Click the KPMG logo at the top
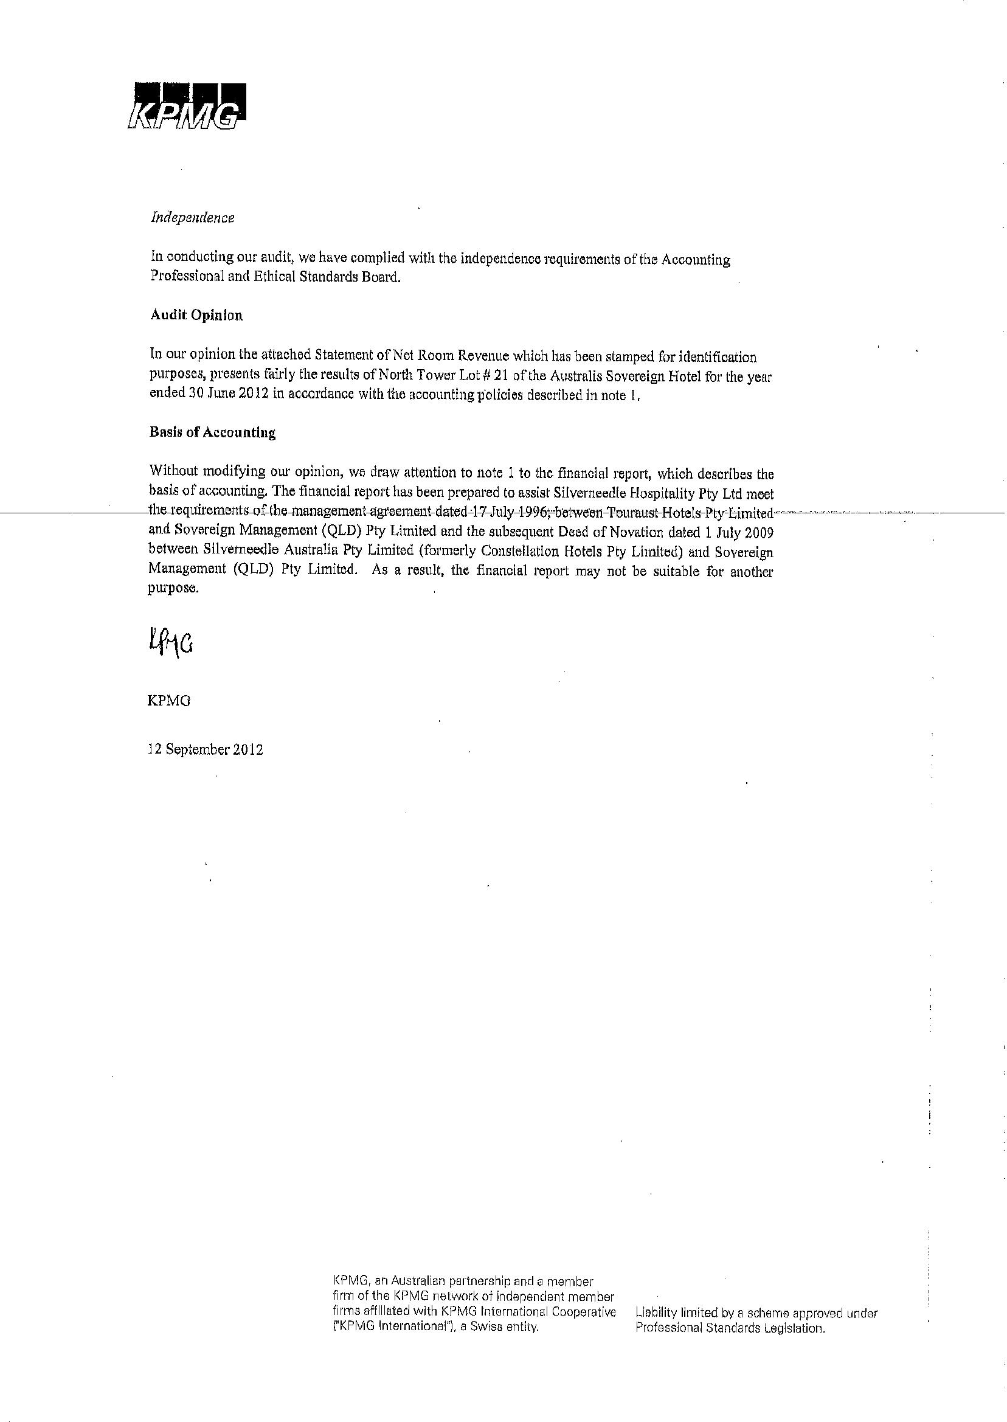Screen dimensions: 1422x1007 click(185, 106)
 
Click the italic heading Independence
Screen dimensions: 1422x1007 click(192, 218)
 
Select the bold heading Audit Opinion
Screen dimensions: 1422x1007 click(196, 316)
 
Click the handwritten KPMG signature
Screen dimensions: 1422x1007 click(170, 643)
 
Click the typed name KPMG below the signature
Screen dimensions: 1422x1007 click(168, 701)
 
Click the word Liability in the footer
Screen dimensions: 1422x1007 click(656, 1313)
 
